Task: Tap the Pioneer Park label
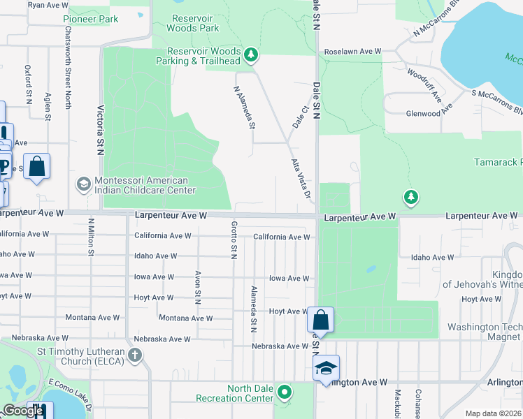pos(90,20)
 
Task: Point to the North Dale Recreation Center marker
pos(284,392)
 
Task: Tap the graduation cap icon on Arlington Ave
pos(325,369)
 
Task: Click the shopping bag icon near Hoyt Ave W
pos(320,321)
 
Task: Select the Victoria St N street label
pos(101,130)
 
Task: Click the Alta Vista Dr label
pos(301,178)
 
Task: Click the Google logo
pos(23,411)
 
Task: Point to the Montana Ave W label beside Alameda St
pos(185,318)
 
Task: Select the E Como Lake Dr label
pos(70,393)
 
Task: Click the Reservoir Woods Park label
pos(193,23)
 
